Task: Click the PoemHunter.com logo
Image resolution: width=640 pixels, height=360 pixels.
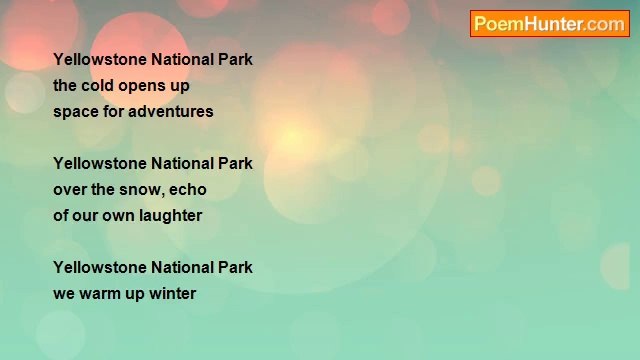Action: click(549, 24)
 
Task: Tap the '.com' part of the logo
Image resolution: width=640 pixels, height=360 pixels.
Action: click(605, 24)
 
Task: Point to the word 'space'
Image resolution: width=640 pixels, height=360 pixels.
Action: click(74, 111)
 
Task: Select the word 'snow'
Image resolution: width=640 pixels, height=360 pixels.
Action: click(135, 189)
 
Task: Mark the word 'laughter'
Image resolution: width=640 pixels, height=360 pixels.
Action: click(170, 215)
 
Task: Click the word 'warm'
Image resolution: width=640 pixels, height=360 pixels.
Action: click(100, 293)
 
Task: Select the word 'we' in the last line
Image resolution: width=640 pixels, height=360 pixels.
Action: click(64, 293)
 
